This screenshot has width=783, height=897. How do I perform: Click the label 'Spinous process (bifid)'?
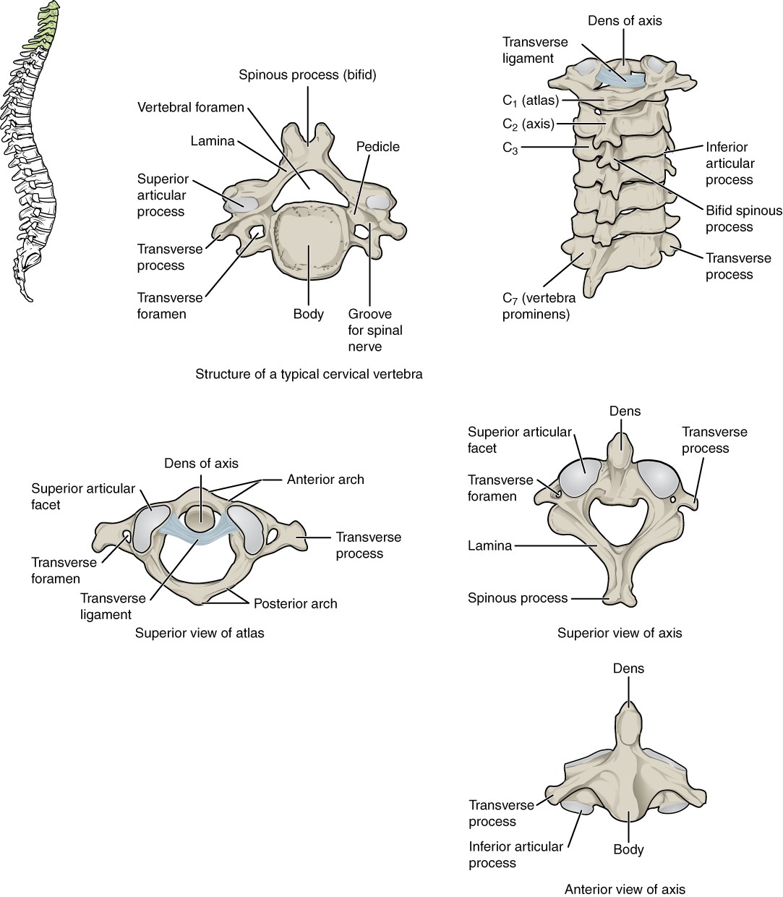(308, 75)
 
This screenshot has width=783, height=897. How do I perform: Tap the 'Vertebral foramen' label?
(191, 108)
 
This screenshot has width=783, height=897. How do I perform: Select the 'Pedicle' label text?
(377, 147)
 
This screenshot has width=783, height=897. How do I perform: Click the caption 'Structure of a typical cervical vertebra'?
(309, 374)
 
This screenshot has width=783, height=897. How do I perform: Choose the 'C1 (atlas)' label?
(530, 101)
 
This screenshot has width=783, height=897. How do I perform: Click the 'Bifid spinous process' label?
(743, 218)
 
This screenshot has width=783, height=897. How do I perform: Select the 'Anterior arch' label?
(325, 479)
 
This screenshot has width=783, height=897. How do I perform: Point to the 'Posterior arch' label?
(295, 603)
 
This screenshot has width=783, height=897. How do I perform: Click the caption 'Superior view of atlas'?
(200, 633)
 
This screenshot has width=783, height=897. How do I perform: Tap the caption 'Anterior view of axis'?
(624, 889)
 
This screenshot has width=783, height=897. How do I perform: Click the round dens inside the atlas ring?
(200, 519)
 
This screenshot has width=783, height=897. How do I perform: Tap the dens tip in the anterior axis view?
(628, 713)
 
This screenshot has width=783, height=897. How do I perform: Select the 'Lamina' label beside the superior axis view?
(489, 545)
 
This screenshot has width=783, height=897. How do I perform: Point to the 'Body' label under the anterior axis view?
(628, 849)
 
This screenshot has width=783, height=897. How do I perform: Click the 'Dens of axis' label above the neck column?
(625, 20)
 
